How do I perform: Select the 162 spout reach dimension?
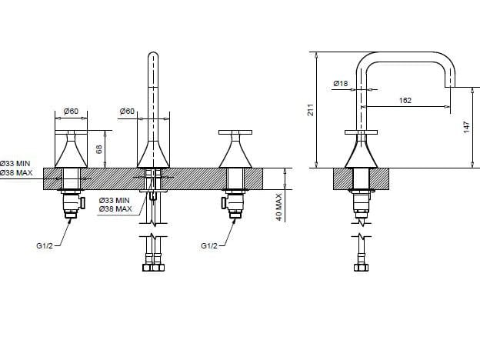coord(405,100)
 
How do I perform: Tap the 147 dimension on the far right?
coord(466,128)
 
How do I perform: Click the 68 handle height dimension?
coord(98,148)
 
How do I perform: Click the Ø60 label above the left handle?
coord(71,112)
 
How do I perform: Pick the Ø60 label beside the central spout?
coord(127,112)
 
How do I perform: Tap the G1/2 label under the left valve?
coord(45,245)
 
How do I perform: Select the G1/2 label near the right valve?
coord(209,245)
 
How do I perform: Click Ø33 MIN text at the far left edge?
coord(15,164)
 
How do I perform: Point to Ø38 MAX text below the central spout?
coord(115,209)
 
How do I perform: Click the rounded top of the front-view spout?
coord(153,58)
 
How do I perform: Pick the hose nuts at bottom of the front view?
coord(153,268)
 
